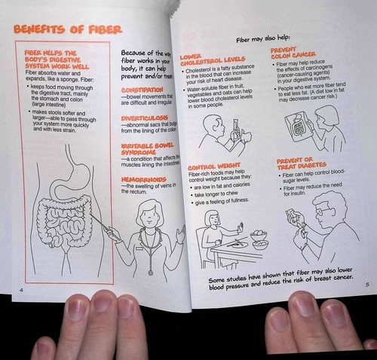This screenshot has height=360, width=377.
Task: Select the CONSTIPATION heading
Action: pos(143,90)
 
